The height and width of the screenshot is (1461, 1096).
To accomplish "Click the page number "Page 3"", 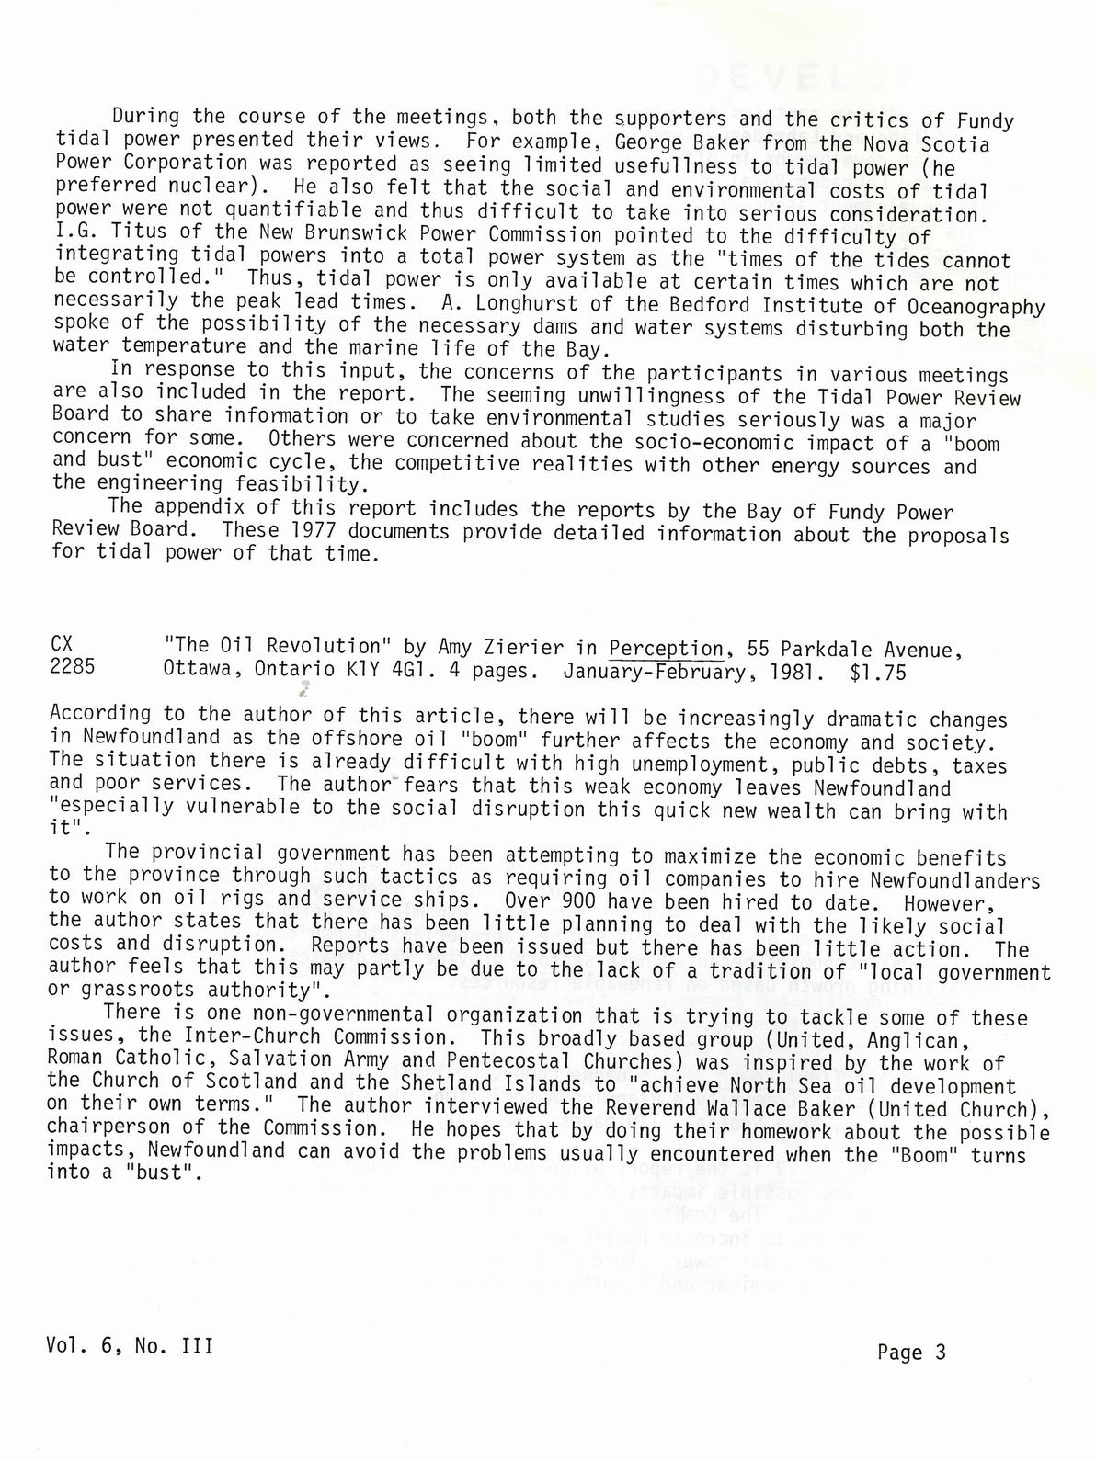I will pos(911,1353).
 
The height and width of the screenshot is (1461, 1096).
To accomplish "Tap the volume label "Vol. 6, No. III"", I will pos(130,1346).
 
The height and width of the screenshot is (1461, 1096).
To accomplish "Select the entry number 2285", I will pos(72,668).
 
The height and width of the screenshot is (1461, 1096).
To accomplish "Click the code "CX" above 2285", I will pos(63,645).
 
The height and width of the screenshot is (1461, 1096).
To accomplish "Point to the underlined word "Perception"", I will pos(667,649).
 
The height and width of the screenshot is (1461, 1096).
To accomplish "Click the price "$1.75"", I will pos(878,673).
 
